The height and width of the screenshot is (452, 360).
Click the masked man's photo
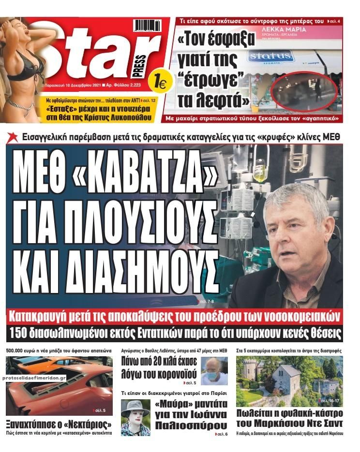[214, 371]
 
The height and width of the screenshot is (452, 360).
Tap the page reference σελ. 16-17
[331, 401]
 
